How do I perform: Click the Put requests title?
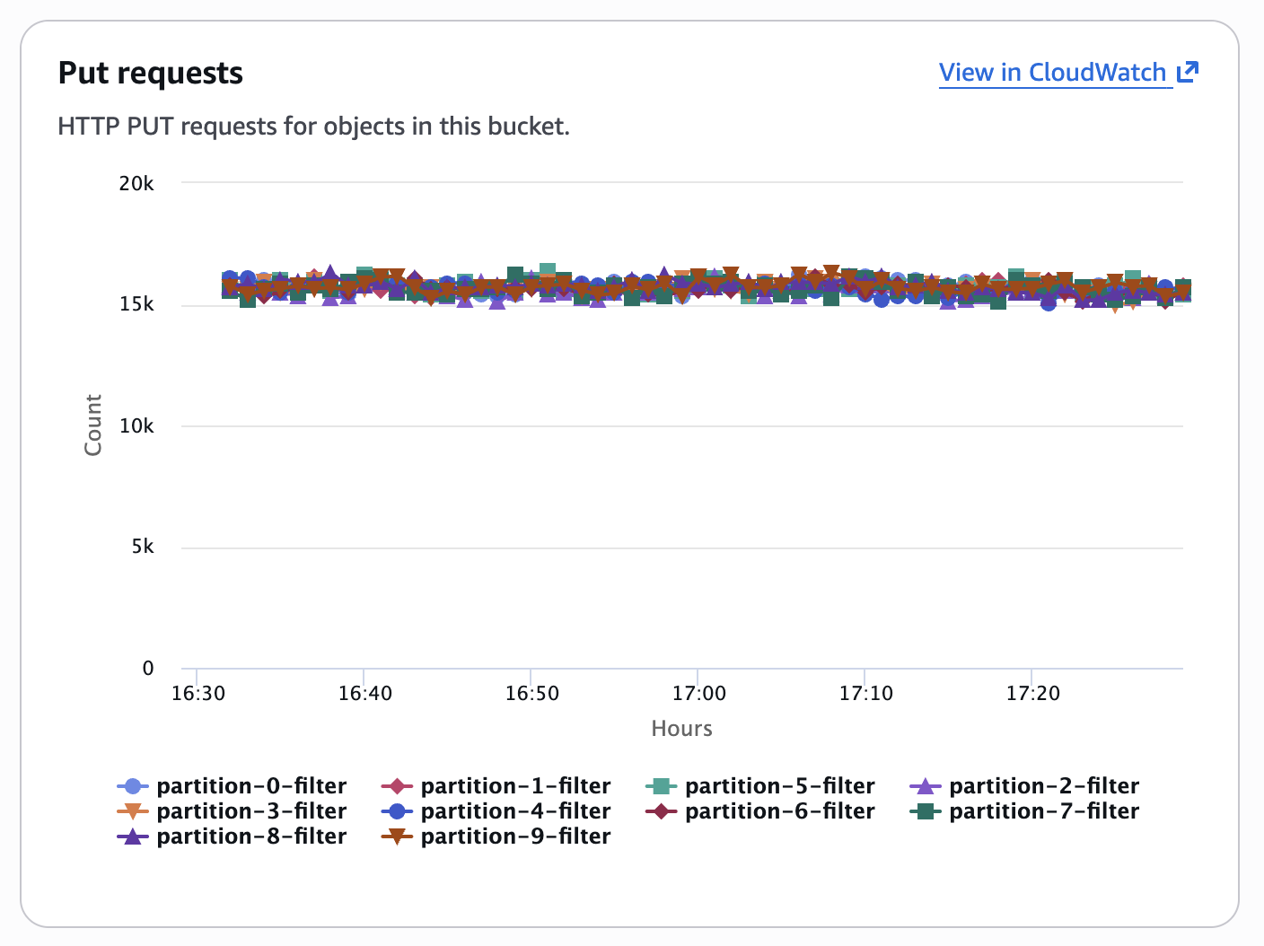[x=150, y=73]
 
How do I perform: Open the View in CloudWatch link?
[x=1052, y=73]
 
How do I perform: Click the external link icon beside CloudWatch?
[x=1188, y=72]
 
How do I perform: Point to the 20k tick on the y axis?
[x=136, y=184]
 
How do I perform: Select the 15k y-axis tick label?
[x=136, y=305]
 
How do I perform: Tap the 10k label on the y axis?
[x=136, y=426]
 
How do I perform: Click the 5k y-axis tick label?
[x=143, y=547]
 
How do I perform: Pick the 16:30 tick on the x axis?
[x=198, y=694]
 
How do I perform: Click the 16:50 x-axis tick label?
[x=532, y=694]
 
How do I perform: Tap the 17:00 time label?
[x=699, y=694]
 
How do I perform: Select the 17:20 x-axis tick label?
[x=1033, y=694]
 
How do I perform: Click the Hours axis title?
[x=681, y=729]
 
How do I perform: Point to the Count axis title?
[x=93, y=425]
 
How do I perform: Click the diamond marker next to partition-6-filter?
[x=662, y=811]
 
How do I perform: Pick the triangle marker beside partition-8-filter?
[x=133, y=837]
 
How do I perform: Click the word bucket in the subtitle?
[x=529, y=127]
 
